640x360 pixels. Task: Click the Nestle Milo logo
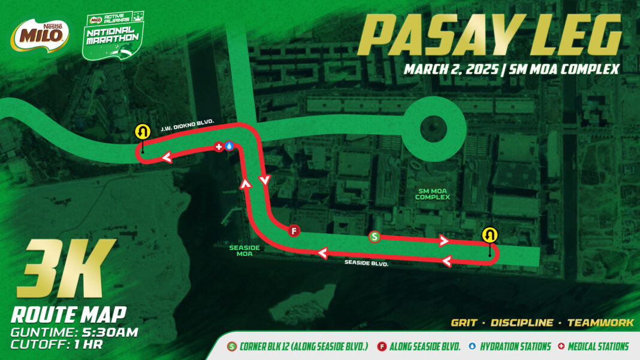click(37, 35)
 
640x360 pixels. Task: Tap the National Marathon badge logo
click(112, 37)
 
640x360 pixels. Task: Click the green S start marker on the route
click(375, 237)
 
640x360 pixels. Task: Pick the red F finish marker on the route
click(294, 231)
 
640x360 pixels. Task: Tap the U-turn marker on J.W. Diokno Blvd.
click(142, 131)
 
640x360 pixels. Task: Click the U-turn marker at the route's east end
click(490, 234)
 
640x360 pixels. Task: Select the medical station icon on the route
click(220, 146)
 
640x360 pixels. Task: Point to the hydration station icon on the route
click(230, 146)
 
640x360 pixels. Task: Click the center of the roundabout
click(433, 128)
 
